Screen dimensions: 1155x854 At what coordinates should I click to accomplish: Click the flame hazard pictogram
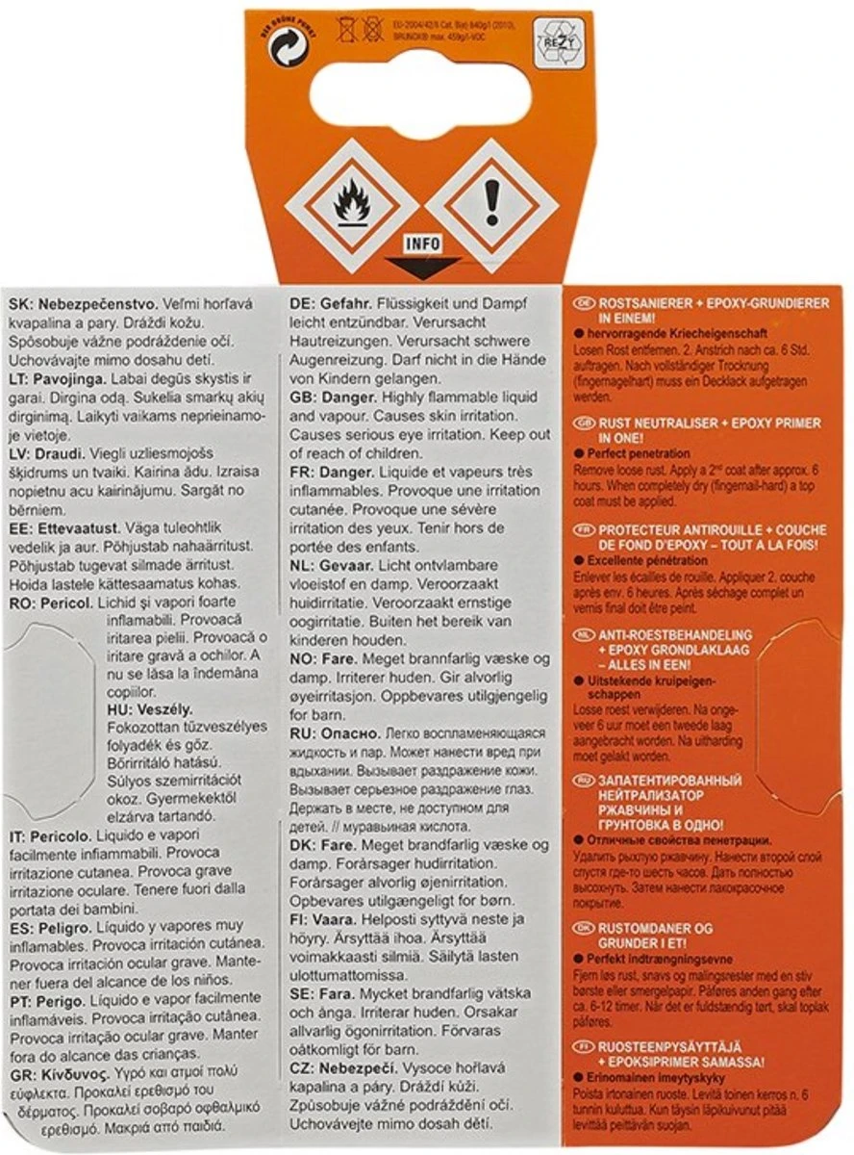pyautogui.click(x=352, y=203)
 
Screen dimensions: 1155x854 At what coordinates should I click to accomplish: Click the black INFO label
pyautogui.click(x=423, y=244)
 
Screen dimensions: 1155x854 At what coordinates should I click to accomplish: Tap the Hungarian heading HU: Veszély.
pyautogui.click(x=144, y=708)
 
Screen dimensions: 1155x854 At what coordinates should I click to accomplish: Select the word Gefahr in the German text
pyautogui.click(x=348, y=303)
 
